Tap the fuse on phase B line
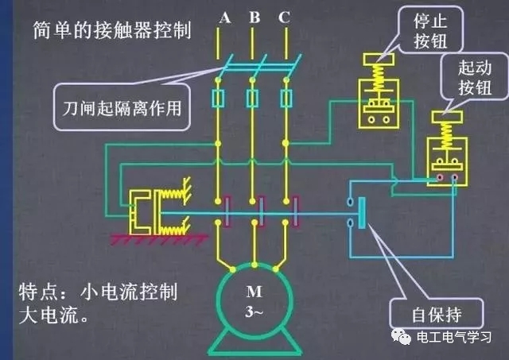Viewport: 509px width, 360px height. click(x=252, y=99)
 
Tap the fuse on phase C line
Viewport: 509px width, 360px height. click(x=287, y=99)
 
